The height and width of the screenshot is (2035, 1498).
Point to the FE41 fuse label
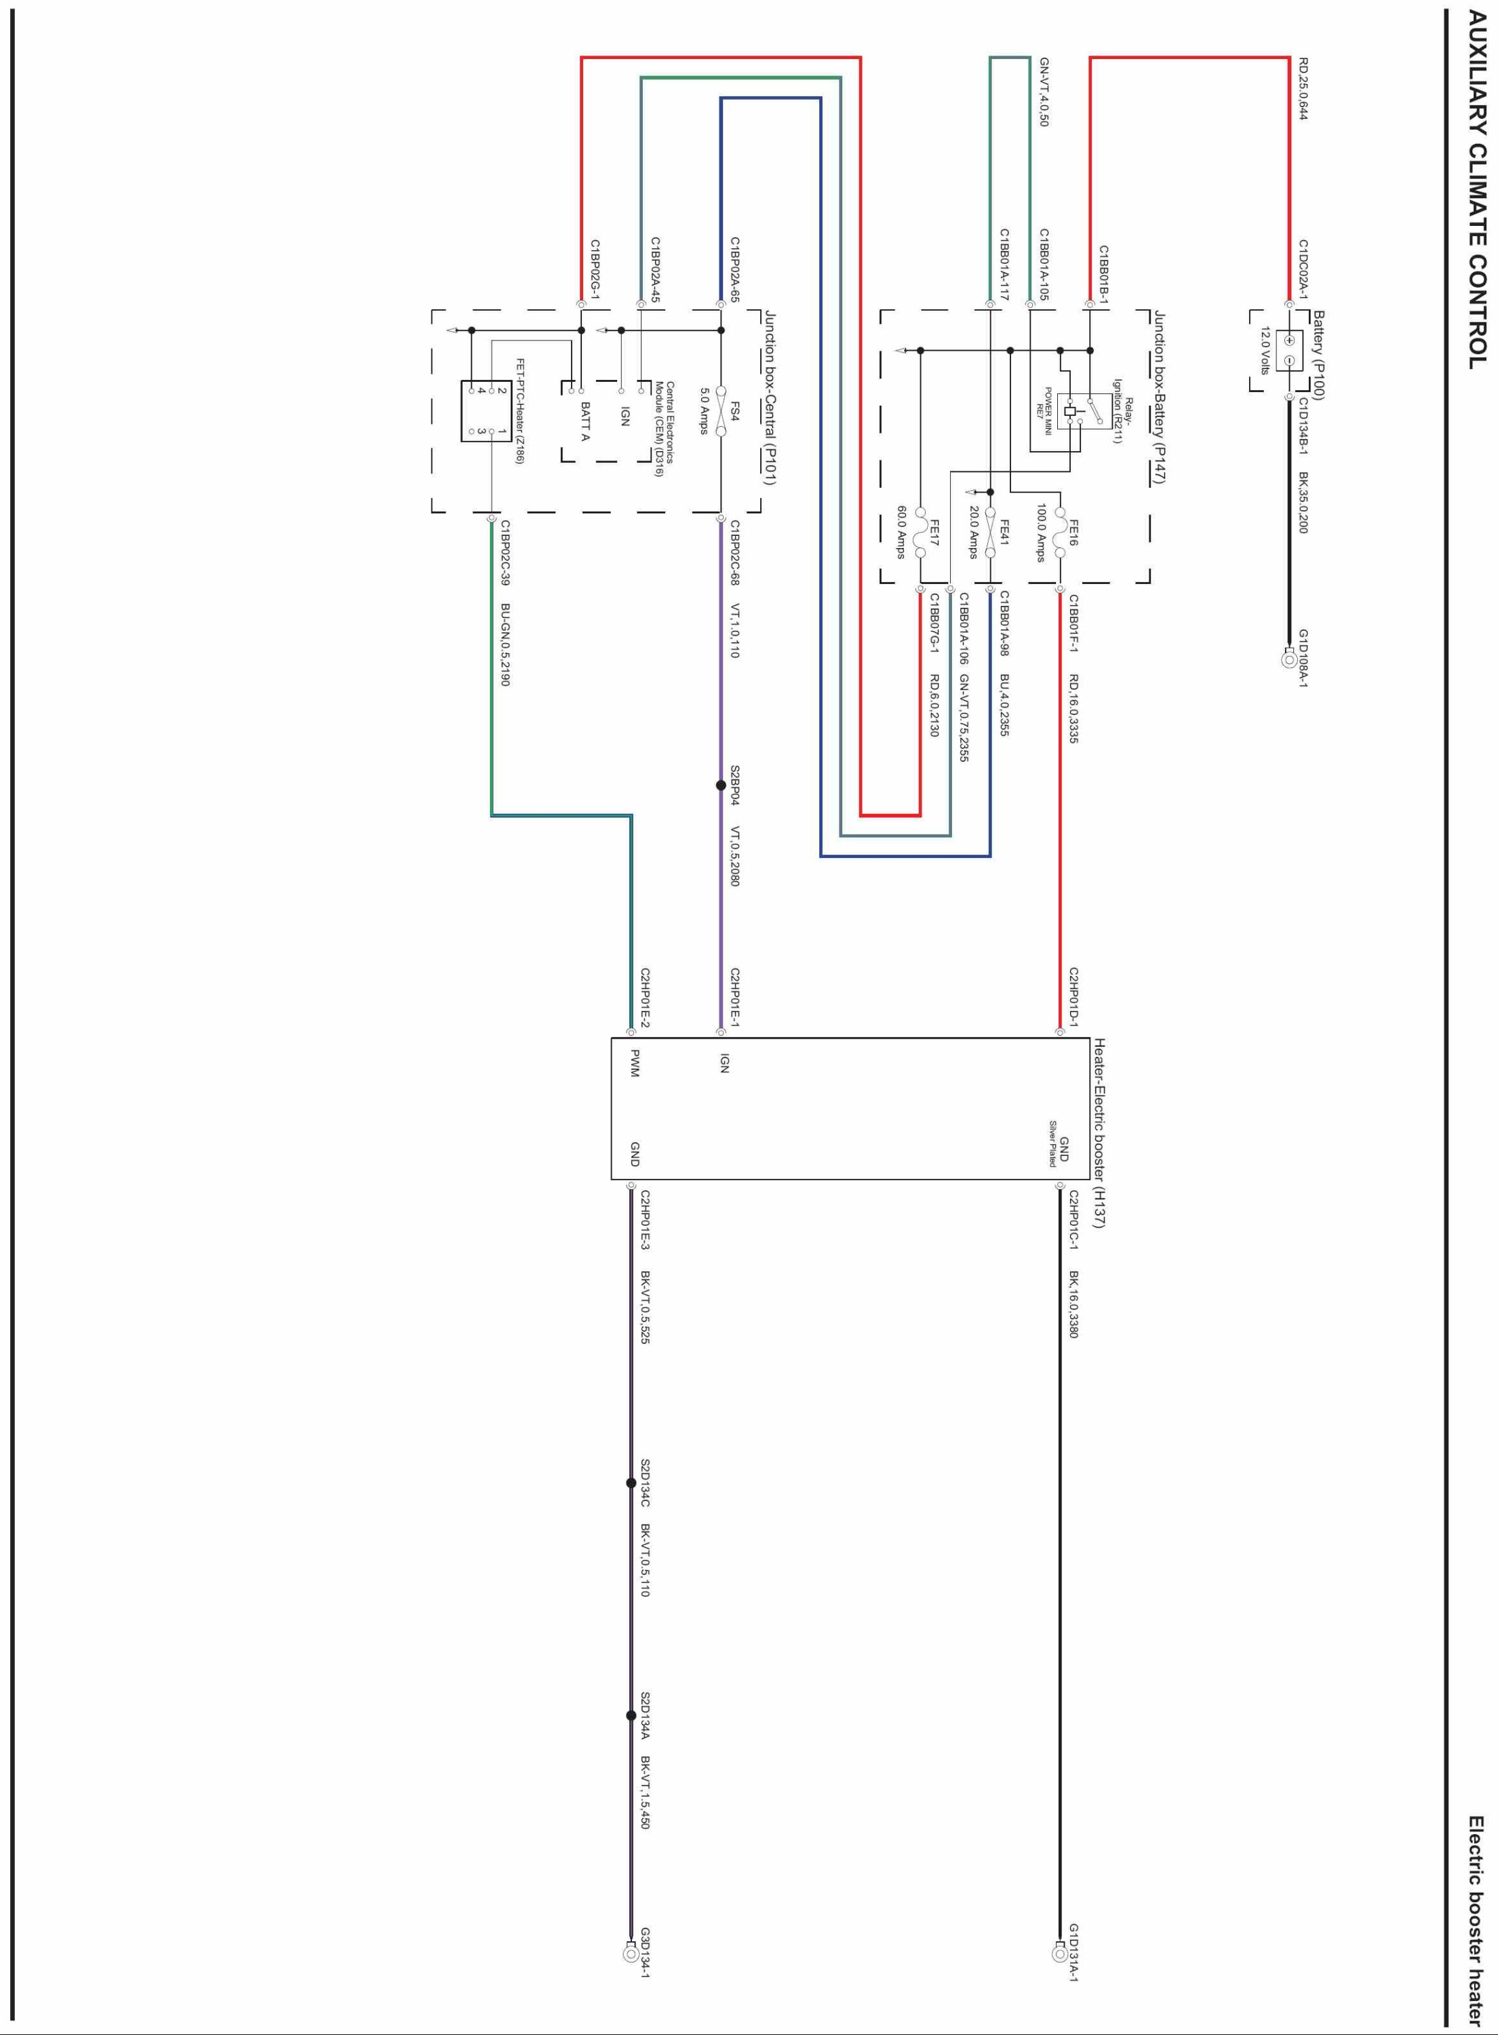(x=1004, y=532)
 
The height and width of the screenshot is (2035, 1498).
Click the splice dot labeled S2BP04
(x=721, y=786)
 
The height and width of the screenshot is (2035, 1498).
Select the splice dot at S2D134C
(x=631, y=1483)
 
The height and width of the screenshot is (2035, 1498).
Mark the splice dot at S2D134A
(x=631, y=1715)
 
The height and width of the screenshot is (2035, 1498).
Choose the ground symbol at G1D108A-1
(x=1288, y=659)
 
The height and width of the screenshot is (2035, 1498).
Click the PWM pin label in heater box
(x=635, y=1063)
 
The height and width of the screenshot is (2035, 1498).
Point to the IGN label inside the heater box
(x=724, y=1063)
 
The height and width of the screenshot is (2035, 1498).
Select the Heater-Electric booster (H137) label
(x=1099, y=1133)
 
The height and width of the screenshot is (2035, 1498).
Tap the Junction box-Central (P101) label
(x=770, y=398)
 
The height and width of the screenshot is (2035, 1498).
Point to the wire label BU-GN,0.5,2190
(x=506, y=644)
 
